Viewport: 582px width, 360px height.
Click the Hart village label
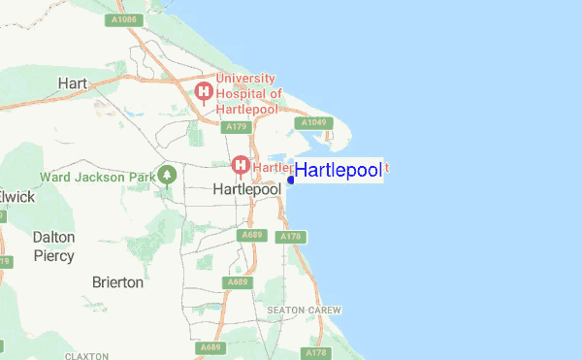pos(74,82)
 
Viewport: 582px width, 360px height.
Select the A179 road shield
pos(235,127)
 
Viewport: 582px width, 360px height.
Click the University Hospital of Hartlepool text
pos(249,93)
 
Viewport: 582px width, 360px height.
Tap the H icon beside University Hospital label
pos(205,93)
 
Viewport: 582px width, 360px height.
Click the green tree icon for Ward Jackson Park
pos(168,176)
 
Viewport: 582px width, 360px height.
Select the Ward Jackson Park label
pos(97,178)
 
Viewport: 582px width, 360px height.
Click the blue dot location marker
pos(291,180)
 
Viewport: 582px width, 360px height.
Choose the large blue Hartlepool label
pos(338,171)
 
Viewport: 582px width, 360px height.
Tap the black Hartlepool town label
pos(245,190)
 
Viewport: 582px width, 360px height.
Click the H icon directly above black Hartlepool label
pos(239,166)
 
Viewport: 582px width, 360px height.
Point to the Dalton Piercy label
pos(54,245)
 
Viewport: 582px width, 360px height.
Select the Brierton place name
pos(117,282)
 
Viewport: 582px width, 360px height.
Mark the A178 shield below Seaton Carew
pos(316,353)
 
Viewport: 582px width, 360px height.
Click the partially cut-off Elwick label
pos(16,197)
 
